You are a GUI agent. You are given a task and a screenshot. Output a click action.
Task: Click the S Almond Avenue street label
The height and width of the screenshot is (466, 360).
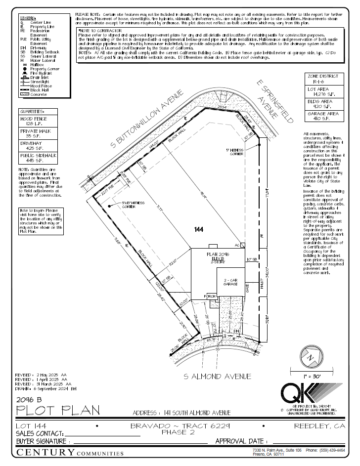[x=217, y=377]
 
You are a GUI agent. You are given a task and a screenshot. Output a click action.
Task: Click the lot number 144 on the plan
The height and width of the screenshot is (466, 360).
[x=199, y=230]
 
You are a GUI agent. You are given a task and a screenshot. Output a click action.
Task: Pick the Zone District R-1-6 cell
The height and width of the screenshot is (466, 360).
[x=322, y=79]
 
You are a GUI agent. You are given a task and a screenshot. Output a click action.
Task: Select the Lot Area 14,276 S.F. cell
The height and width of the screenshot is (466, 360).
[x=322, y=91]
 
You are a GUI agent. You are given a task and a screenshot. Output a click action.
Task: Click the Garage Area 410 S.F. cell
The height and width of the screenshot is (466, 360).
[x=322, y=116]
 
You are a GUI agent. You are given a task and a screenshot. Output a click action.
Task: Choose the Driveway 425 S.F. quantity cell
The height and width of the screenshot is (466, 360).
[x=38, y=145]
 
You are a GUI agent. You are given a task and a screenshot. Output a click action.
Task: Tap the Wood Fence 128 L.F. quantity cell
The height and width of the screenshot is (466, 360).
[x=38, y=121]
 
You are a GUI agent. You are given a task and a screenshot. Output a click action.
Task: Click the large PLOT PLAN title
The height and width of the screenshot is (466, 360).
[x=58, y=410]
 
